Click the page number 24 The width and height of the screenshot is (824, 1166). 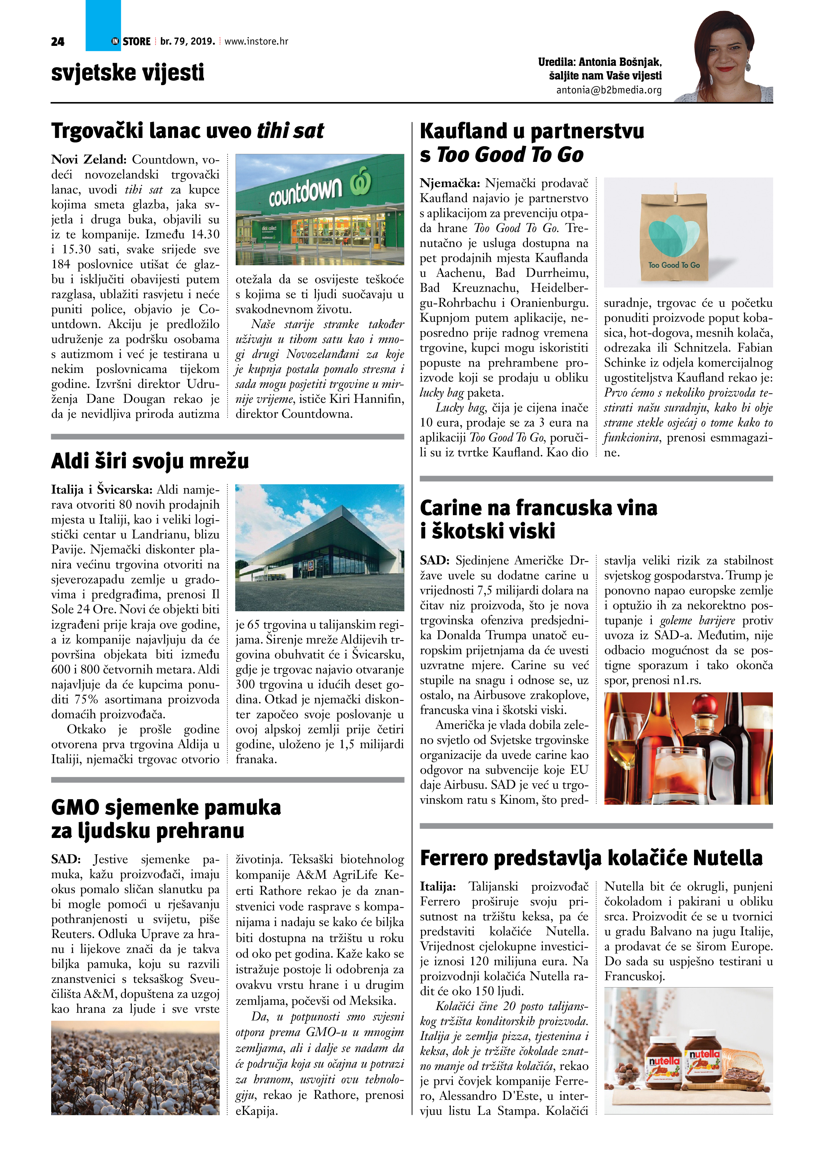coord(57,42)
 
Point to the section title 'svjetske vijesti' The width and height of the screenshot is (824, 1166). coord(128,72)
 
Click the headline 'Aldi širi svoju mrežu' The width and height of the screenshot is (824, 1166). coord(150,461)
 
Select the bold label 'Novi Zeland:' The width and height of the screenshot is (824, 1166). coord(89,160)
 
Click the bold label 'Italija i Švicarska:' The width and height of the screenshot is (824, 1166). coord(102,490)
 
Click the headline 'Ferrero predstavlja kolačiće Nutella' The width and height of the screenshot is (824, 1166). coord(591,858)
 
